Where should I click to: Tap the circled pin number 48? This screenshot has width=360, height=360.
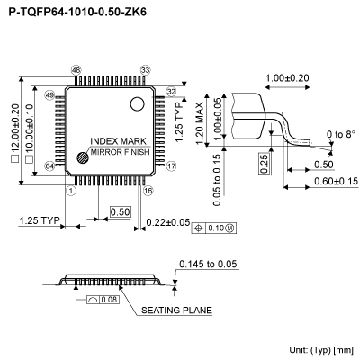click(76, 70)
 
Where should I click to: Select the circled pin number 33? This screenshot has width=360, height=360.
click(145, 70)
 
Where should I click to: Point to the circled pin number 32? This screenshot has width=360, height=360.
click(171, 92)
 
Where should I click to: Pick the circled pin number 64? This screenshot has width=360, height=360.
click(49, 166)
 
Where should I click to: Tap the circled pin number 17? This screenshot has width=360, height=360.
click(171, 166)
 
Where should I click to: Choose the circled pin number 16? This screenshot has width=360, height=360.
click(148, 191)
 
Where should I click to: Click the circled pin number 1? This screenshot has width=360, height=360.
click(71, 191)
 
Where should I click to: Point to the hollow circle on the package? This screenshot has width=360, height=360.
click(138, 103)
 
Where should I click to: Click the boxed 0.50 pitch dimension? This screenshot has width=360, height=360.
click(119, 211)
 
